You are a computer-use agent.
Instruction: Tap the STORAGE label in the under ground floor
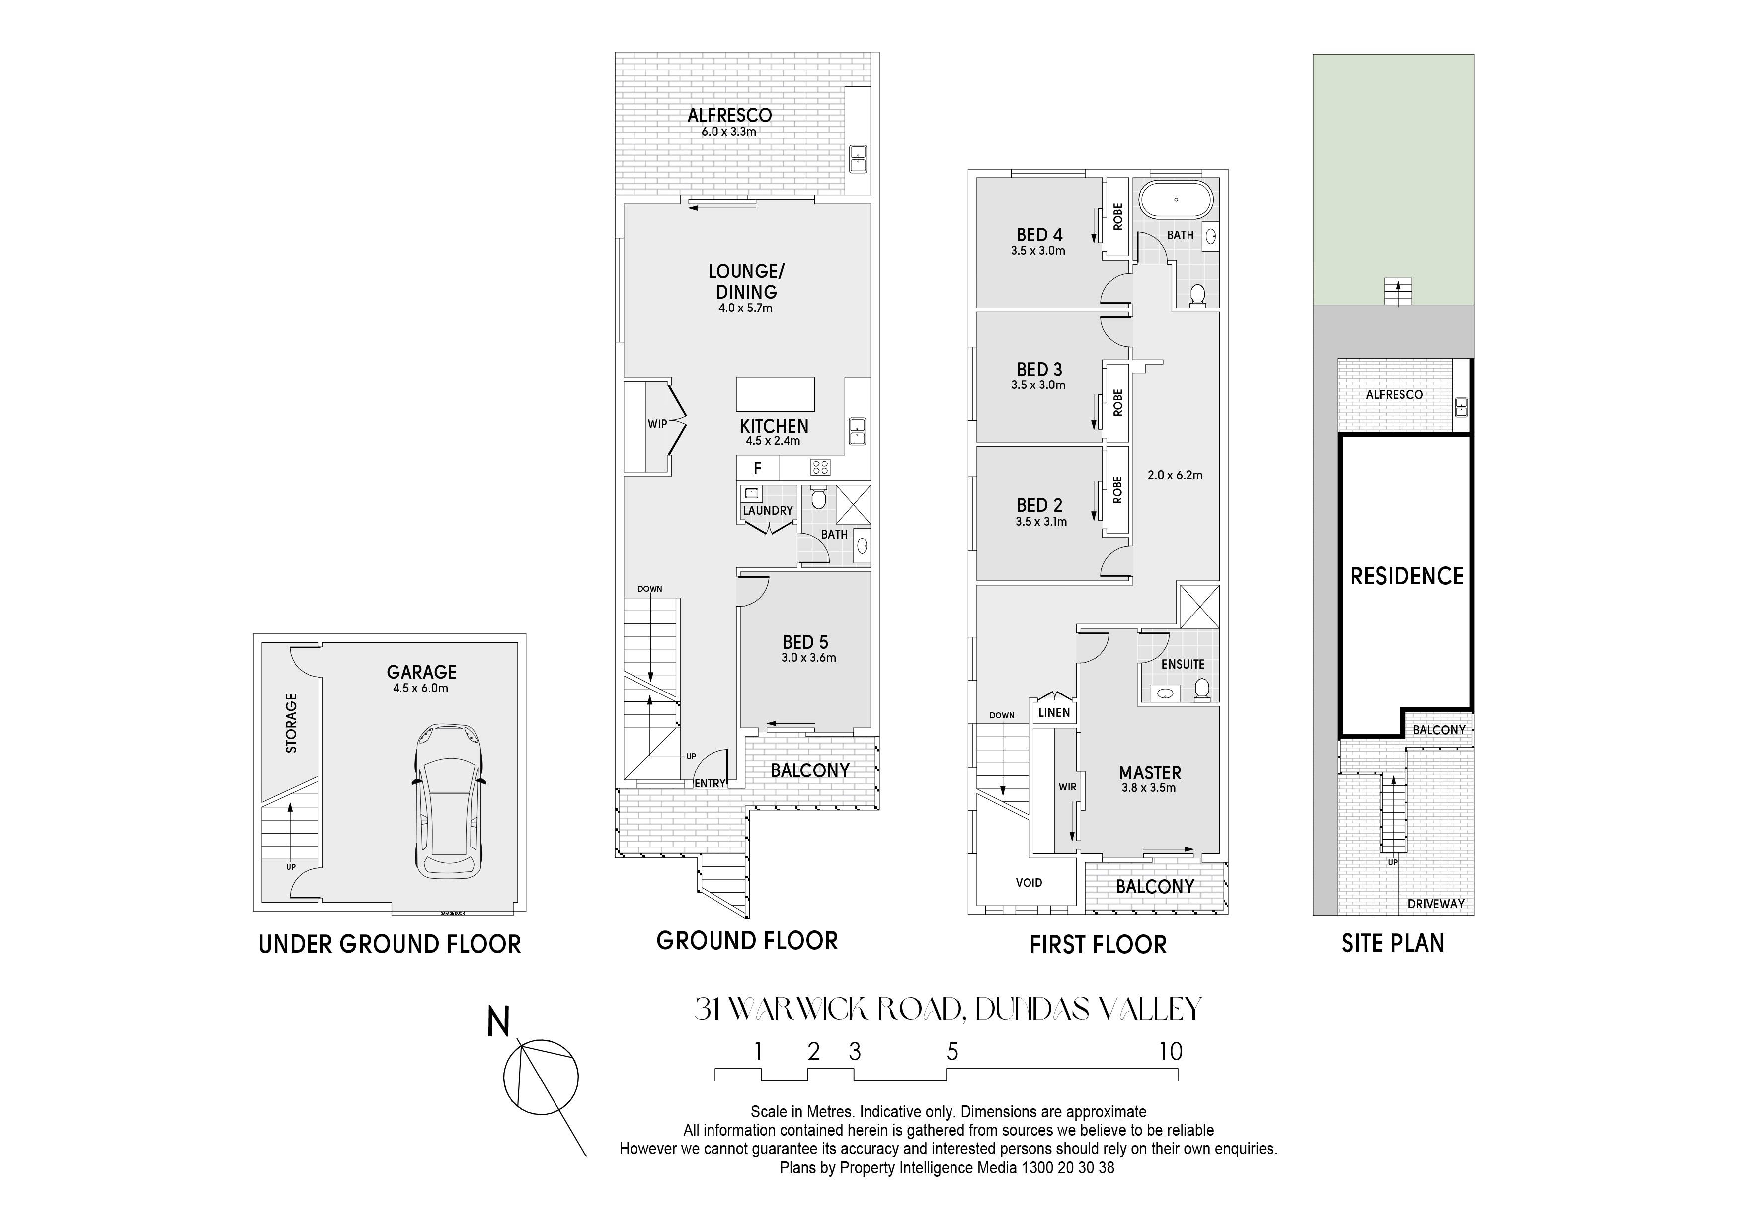[x=291, y=723]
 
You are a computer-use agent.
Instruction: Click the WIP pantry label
[x=657, y=424]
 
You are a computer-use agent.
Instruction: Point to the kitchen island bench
[x=775, y=394]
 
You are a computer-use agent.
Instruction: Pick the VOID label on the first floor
[x=1029, y=883]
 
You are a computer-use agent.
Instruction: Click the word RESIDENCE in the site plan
[x=1407, y=576]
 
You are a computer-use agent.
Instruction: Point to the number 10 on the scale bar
[x=1171, y=1051]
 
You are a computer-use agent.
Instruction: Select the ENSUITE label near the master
[x=1183, y=664]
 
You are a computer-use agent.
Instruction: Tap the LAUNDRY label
[x=768, y=511]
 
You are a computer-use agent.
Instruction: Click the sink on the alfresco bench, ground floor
[x=858, y=158]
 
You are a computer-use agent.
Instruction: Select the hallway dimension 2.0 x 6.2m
[x=1175, y=476]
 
